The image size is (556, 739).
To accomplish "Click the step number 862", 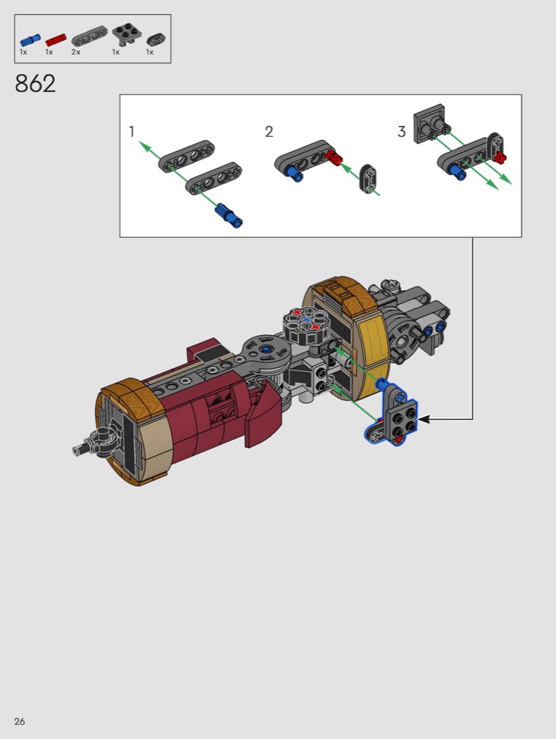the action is pos(35,84).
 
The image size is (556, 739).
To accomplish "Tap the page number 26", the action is pos(19,721).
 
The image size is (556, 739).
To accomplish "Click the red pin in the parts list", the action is pos(56,40).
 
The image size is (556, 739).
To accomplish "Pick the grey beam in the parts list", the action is pos(89,37).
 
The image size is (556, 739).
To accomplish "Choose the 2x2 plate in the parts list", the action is pos(125,35).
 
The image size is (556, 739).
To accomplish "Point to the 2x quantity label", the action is pos(76,52).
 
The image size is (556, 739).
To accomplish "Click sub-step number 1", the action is pos(132,132).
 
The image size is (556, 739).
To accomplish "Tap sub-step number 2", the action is pos(269,132).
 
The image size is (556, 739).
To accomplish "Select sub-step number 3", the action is pos(401,132).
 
